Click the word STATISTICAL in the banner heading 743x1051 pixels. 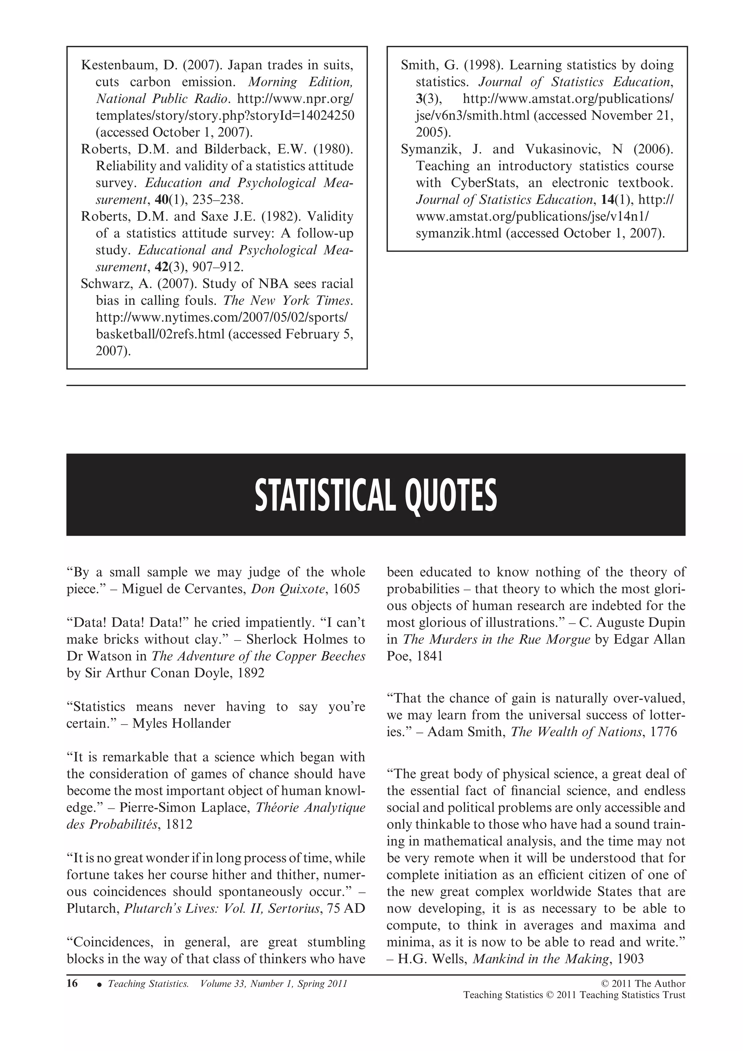324,496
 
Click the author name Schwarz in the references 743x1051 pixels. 106,284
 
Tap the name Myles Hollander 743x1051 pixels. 182,724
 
